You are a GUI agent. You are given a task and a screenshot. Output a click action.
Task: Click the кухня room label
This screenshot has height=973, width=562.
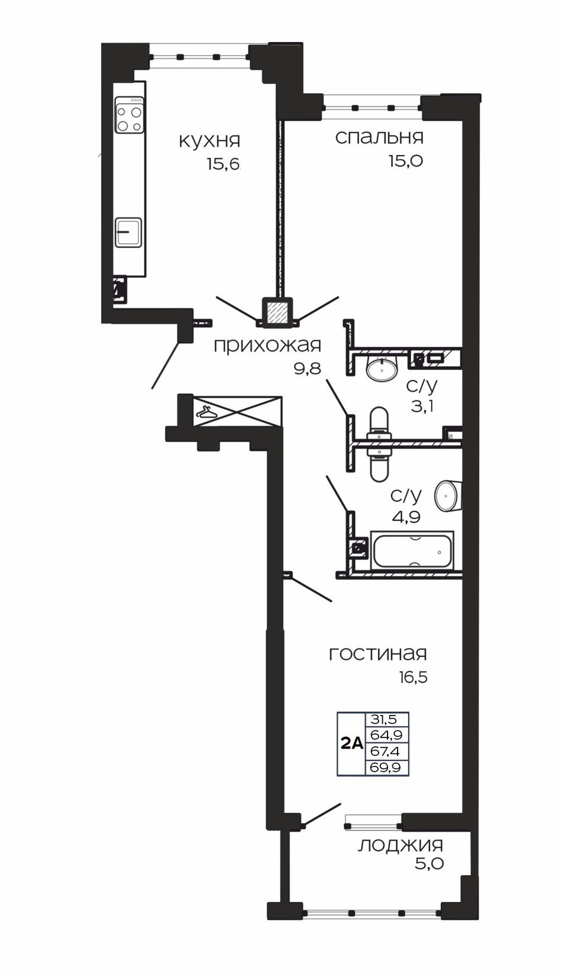[x=209, y=141]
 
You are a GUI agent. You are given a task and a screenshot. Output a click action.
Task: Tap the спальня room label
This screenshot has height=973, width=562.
[x=379, y=138]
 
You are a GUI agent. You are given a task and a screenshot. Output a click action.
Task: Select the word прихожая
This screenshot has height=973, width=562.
[x=267, y=346]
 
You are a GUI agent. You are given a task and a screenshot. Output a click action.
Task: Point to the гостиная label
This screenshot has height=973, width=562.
[x=378, y=654]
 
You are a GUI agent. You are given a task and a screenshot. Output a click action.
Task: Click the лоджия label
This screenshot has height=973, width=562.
[x=400, y=846]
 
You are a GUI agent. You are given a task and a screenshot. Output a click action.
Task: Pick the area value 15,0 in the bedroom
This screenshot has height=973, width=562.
[x=406, y=161]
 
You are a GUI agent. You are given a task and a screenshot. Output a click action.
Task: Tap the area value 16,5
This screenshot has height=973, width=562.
[x=414, y=678]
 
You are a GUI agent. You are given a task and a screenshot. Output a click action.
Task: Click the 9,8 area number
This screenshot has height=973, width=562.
[x=307, y=369]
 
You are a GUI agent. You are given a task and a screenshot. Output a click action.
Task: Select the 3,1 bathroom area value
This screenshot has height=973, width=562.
[x=422, y=407]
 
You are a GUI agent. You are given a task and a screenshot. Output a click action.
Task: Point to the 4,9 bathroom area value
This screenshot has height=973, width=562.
[x=405, y=517]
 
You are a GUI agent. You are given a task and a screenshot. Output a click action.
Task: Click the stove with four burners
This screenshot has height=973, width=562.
[x=130, y=115]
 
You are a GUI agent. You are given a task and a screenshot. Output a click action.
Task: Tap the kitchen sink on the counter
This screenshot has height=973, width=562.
[x=128, y=233]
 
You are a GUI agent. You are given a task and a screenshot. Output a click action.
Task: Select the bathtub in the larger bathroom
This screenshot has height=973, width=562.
[x=412, y=550]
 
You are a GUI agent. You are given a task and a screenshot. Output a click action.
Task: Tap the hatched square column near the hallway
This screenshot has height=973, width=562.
[x=277, y=312]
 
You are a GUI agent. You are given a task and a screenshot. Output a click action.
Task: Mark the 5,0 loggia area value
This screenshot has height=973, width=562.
[x=429, y=865]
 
